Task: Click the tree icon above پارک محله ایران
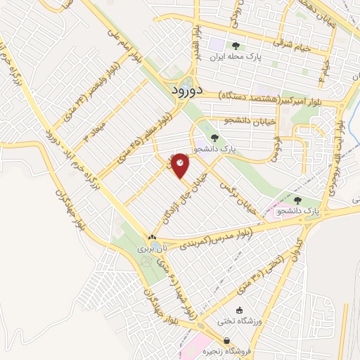(235, 46)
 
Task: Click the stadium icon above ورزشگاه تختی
(239, 310)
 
